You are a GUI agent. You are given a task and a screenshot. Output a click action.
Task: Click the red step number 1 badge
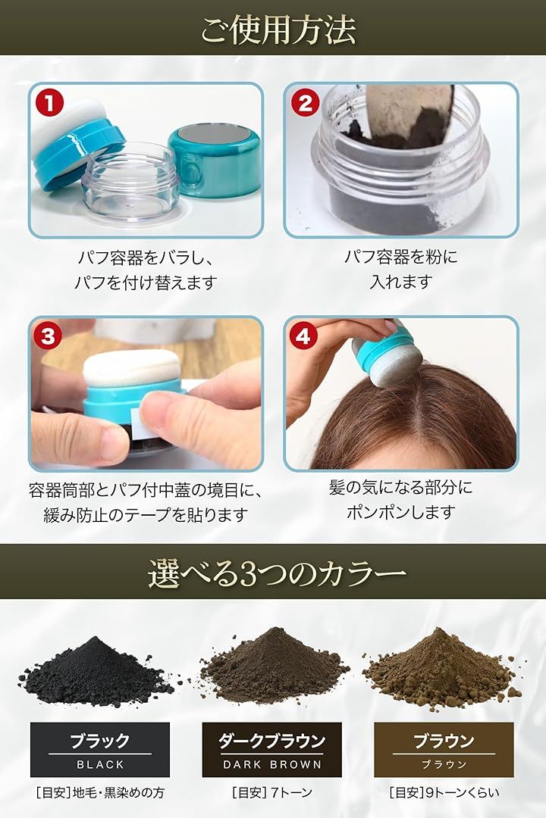pyautogui.click(x=50, y=103)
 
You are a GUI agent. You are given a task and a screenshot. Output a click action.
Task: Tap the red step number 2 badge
pyautogui.click(x=306, y=103)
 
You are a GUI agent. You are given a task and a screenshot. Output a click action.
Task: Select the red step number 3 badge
pyautogui.click(x=48, y=336)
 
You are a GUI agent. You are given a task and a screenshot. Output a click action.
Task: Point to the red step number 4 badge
pyautogui.click(x=303, y=336)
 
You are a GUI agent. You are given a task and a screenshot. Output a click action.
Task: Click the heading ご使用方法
pyautogui.click(x=278, y=30)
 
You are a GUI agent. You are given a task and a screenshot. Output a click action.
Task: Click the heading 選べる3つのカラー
pyautogui.click(x=277, y=573)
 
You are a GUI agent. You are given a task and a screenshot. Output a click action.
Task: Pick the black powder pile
pyautogui.click(x=96, y=671)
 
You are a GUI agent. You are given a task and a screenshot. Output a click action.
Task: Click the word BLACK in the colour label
pyautogui.click(x=100, y=764)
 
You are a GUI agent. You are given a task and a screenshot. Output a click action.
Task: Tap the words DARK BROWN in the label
pyautogui.click(x=271, y=764)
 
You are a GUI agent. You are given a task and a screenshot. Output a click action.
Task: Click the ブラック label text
pyautogui.click(x=100, y=741)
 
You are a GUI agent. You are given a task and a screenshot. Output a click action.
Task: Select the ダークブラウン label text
pyautogui.click(x=271, y=741)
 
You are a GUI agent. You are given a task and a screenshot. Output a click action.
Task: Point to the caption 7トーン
pyautogui.click(x=291, y=792)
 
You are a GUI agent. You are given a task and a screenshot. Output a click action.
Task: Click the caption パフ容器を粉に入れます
pyautogui.click(x=400, y=269)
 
